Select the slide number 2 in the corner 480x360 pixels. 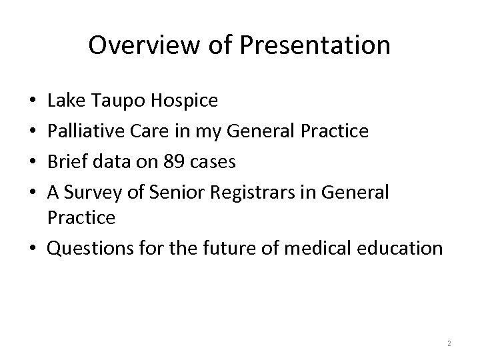tap(449, 343)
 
